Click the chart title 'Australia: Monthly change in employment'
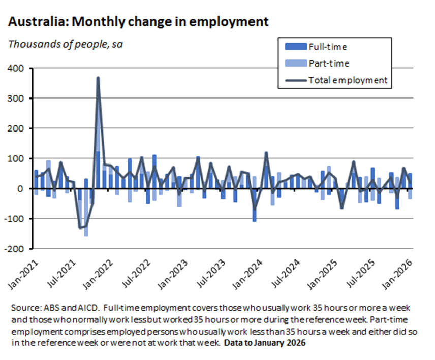coord(138,22)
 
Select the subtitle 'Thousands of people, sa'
coord(66,44)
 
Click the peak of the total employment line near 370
coord(98,78)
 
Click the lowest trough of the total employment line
coord(80,227)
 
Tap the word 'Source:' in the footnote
coord(24,309)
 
